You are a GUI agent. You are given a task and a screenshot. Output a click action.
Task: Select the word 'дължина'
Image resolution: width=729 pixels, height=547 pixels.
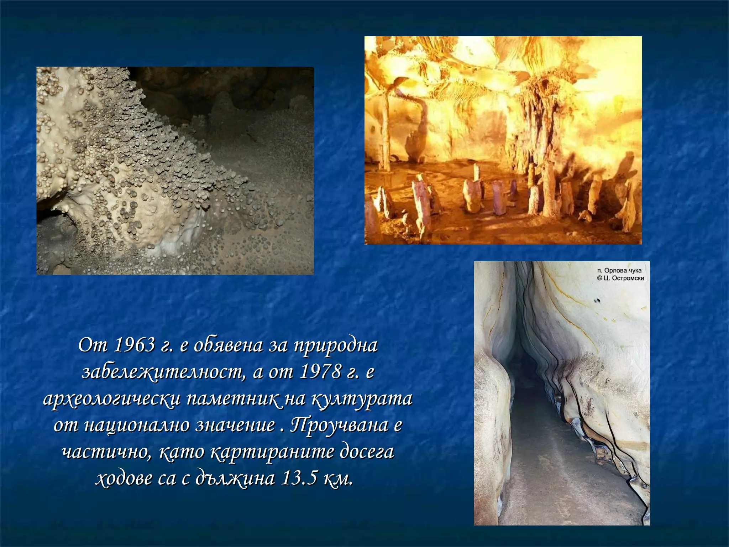(235, 479)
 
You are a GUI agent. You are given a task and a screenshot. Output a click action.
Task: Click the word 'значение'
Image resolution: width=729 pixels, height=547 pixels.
(235, 426)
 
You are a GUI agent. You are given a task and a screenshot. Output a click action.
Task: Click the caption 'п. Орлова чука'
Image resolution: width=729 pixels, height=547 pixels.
(619, 271)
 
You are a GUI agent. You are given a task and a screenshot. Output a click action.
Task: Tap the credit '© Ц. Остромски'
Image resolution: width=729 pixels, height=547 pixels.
(620, 278)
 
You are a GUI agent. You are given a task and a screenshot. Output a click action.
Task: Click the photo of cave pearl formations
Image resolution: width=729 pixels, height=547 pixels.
(175, 171)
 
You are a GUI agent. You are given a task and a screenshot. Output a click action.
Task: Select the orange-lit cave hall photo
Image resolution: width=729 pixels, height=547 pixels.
(503, 140)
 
